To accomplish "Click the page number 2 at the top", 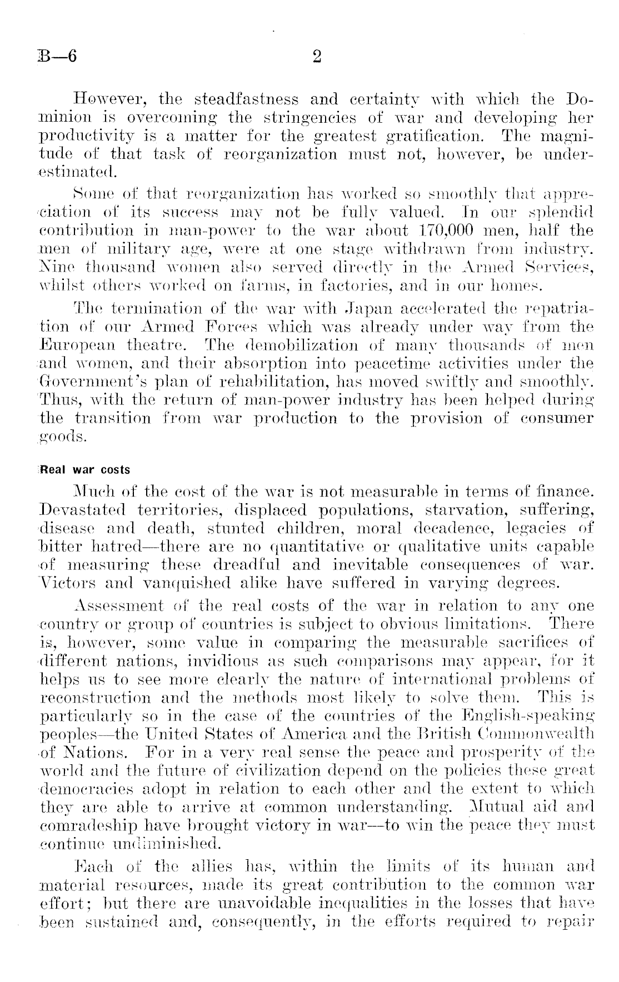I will [x=317, y=57].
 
